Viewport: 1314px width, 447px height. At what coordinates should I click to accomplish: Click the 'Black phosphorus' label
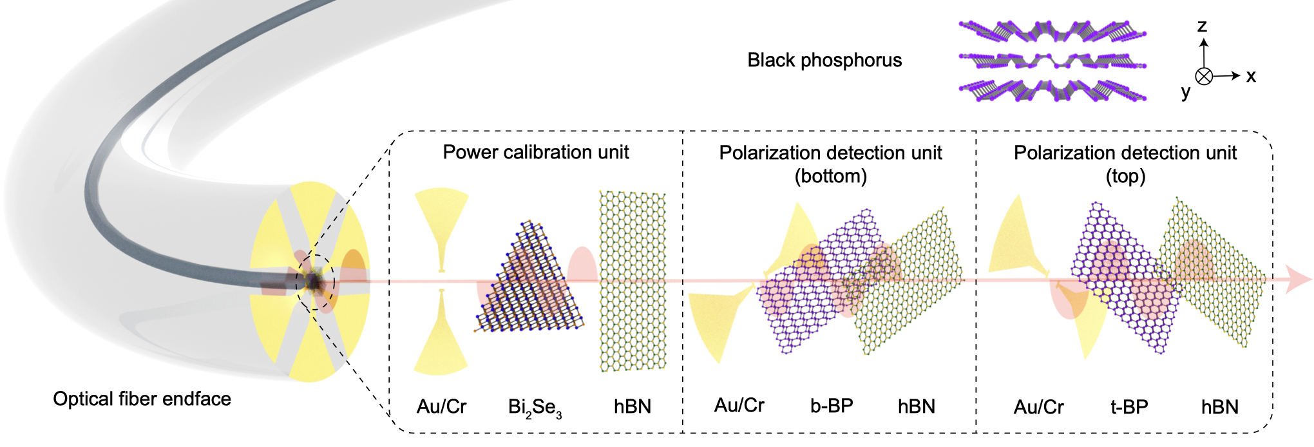(x=824, y=61)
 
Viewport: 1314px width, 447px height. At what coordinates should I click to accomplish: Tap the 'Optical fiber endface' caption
(x=142, y=399)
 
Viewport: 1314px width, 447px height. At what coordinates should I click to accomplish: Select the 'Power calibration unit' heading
(x=536, y=153)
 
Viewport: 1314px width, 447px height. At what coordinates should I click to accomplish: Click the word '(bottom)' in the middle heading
(x=830, y=176)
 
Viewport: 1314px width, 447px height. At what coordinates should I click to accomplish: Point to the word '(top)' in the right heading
(x=1125, y=176)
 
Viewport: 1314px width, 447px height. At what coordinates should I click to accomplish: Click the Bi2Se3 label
(x=535, y=408)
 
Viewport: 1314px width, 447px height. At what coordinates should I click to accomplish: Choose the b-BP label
(x=832, y=406)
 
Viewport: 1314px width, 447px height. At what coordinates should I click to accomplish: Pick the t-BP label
(x=1129, y=407)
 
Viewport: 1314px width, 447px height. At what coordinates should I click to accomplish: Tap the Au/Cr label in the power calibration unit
(x=441, y=406)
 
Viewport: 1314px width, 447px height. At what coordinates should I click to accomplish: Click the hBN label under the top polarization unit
(x=1219, y=407)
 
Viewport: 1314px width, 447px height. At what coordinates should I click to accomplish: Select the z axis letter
(x=1202, y=26)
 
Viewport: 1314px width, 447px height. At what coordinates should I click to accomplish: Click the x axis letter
(x=1251, y=76)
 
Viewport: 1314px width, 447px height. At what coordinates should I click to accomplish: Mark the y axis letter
(x=1186, y=92)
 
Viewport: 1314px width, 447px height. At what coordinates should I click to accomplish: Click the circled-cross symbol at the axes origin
(x=1204, y=76)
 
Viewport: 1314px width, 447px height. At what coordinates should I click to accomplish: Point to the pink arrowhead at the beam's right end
(x=1297, y=280)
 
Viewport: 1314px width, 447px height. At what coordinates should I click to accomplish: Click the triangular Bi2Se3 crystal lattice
(x=531, y=283)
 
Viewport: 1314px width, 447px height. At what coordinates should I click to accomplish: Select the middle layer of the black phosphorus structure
(x=1052, y=62)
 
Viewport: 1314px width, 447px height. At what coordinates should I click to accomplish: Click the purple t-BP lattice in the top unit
(x=1124, y=277)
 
